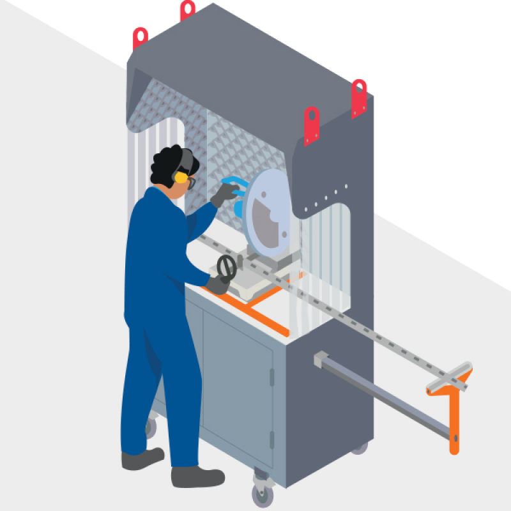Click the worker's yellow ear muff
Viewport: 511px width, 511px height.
(181, 176)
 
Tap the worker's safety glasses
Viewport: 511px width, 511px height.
(191, 182)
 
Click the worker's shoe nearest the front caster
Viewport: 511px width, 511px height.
(197, 476)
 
